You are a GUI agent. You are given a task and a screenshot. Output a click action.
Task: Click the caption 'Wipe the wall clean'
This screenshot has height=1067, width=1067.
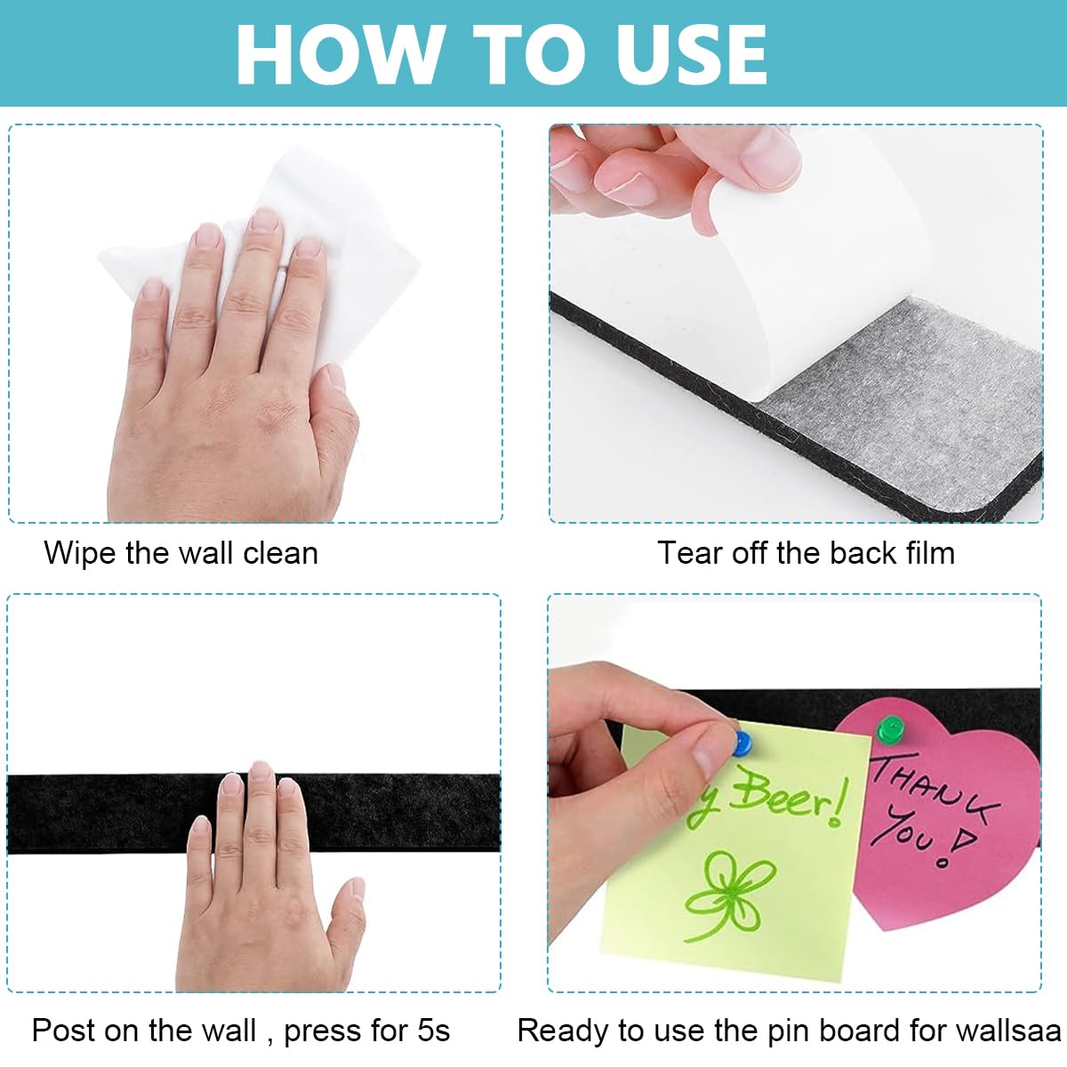(181, 553)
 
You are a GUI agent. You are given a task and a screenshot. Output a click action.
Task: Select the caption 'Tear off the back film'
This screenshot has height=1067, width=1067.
(806, 553)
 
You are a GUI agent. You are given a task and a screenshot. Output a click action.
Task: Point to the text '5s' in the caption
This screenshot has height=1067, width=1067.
(433, 1031)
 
